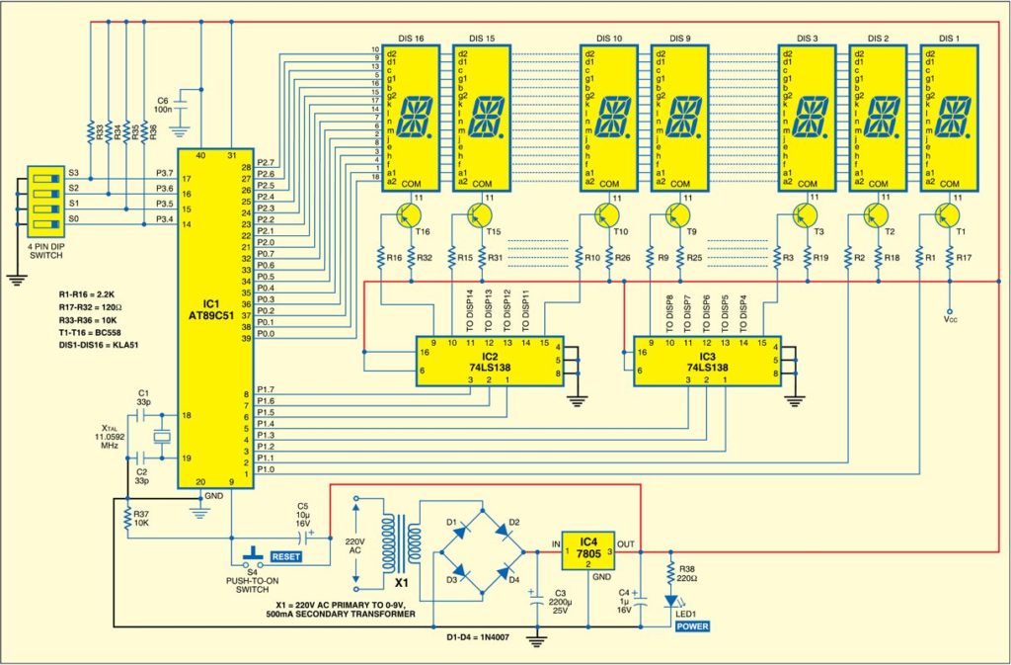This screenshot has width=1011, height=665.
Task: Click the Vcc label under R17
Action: pyautogui.click(x=950, y=320)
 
